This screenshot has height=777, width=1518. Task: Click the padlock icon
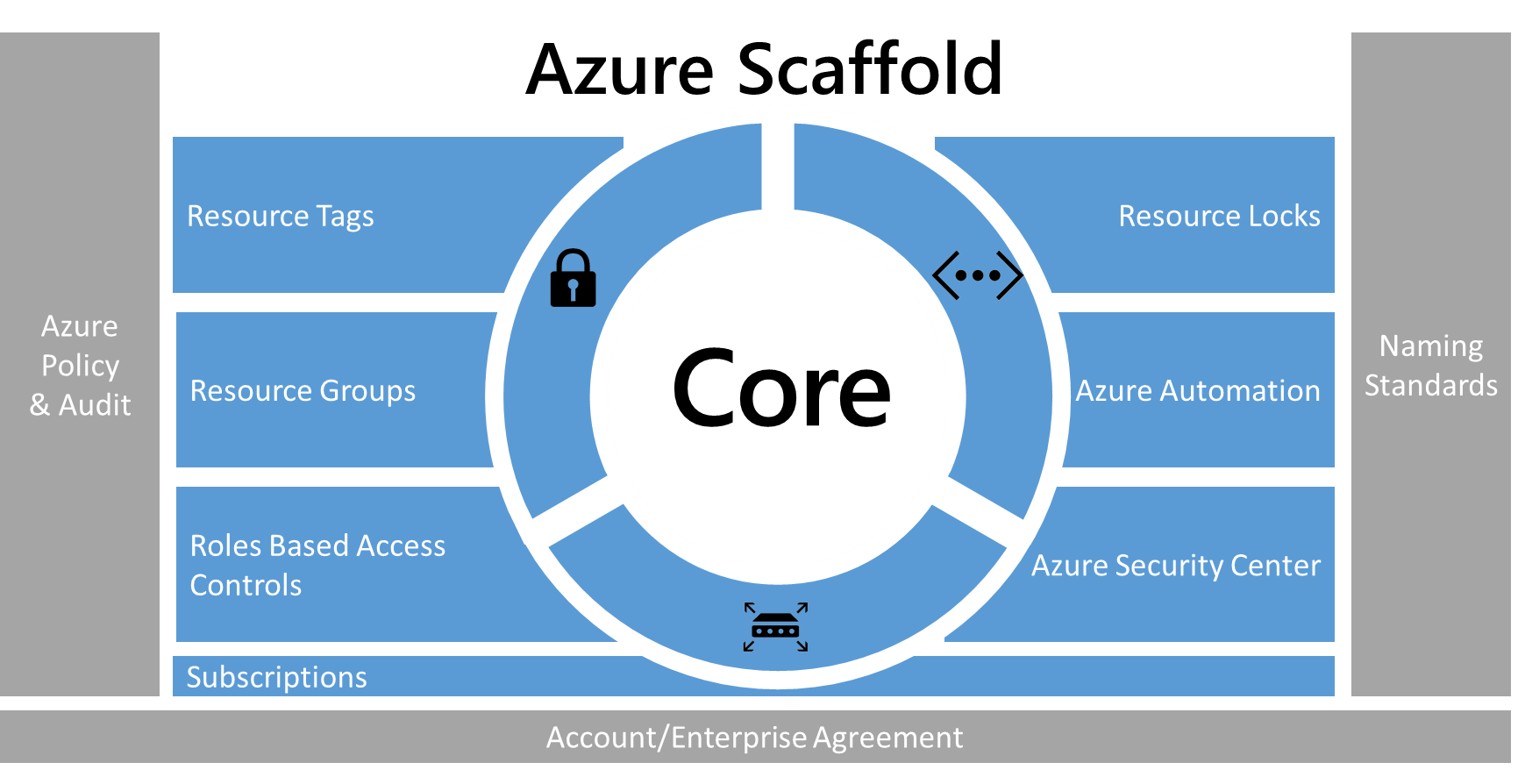pyautogui.click(x=573, y=279)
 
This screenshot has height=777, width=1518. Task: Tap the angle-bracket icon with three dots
pyautogui.click(x=977, y=275)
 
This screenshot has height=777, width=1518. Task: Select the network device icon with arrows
pyautogui.click(x=775, y=627)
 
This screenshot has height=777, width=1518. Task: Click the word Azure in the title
pyautogui.click(x=621, y=70)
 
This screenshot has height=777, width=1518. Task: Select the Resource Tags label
pyautogui.click(x=281, y=217)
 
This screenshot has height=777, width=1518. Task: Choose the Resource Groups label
pyautogui.click(x=303, y=391)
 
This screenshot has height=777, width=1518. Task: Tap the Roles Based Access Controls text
pyautogui.click(x=317, y=566)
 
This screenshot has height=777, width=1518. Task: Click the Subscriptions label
pyautogui.click(x=276, y=678)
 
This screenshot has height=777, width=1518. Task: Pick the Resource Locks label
pyautogui.click(x=1219, y=217)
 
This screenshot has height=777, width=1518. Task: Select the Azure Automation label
pyautogui.click(x=1197, y=391)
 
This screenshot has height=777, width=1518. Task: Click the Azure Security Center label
pyautogui.click(x=1175, y=566)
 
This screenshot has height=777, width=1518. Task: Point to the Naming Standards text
pyautogui.click(x=1430, y=366)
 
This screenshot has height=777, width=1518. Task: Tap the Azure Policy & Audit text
pyautogui.click(x=80, y=366)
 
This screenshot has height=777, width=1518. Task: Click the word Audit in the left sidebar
pyautogui.click(x=95, y=405)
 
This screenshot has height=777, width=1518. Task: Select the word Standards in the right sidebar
pyautogui.click(x=1430, y=386)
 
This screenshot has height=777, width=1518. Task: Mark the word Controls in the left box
pyautogui.click(x=246, y=586)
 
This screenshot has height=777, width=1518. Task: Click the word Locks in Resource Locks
pyautogui.click(x=1284, y=217)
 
